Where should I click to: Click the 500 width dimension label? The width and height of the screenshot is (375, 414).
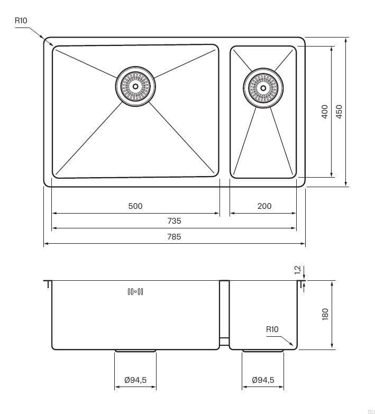(135, 206)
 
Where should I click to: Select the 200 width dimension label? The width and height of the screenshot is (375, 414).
(264, 206)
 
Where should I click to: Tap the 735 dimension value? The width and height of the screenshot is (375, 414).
(174, 221)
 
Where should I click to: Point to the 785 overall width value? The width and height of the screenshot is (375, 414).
(174, 236)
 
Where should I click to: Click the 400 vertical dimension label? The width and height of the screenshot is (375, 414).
(325, 111)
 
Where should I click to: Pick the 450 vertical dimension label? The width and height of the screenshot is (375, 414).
(339, 111)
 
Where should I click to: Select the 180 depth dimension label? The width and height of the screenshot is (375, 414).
(325, 314)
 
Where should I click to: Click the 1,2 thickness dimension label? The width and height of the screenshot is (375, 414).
(297, 270)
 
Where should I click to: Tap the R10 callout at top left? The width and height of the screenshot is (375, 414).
(21, 21)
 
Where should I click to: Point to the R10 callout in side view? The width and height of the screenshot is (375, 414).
(272, 329)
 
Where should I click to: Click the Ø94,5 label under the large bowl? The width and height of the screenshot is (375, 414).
(135, 380)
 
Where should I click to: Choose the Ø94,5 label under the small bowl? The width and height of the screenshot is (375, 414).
(263, 380)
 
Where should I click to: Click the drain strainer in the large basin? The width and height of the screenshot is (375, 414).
(135, 85)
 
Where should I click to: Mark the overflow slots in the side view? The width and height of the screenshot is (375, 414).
(135, 291)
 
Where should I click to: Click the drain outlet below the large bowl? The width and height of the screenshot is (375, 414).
(135, 351)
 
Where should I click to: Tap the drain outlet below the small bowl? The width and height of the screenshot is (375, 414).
(263, 351)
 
